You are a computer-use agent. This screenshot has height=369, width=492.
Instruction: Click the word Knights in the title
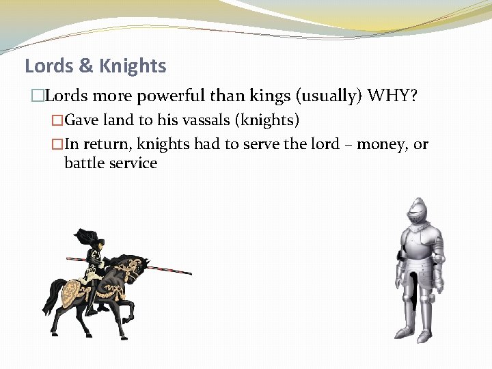click(x=133, y=66)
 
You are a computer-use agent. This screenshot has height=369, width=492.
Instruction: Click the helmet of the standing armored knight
click(x=417, y=211)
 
